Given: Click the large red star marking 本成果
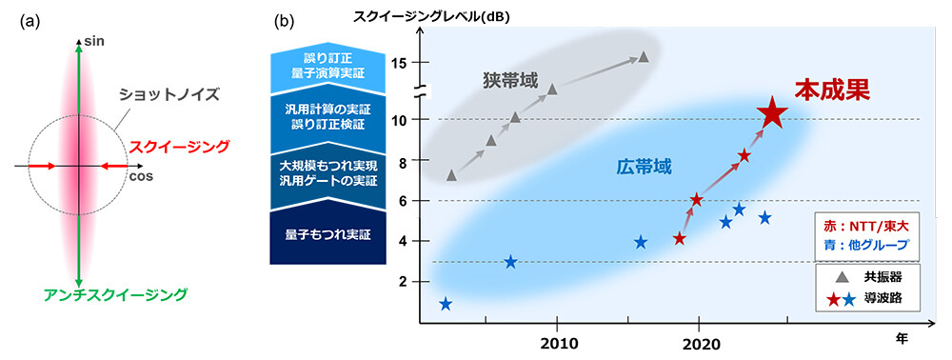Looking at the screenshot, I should tap(772, 115).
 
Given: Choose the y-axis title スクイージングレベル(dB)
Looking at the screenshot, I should tap(431, 15).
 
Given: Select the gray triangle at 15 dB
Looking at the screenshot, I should tap(644, 57).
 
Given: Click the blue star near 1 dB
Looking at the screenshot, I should tap(446, 305).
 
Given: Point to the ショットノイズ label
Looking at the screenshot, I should tap(168, 94).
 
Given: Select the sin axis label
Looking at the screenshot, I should tap(94, 42).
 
